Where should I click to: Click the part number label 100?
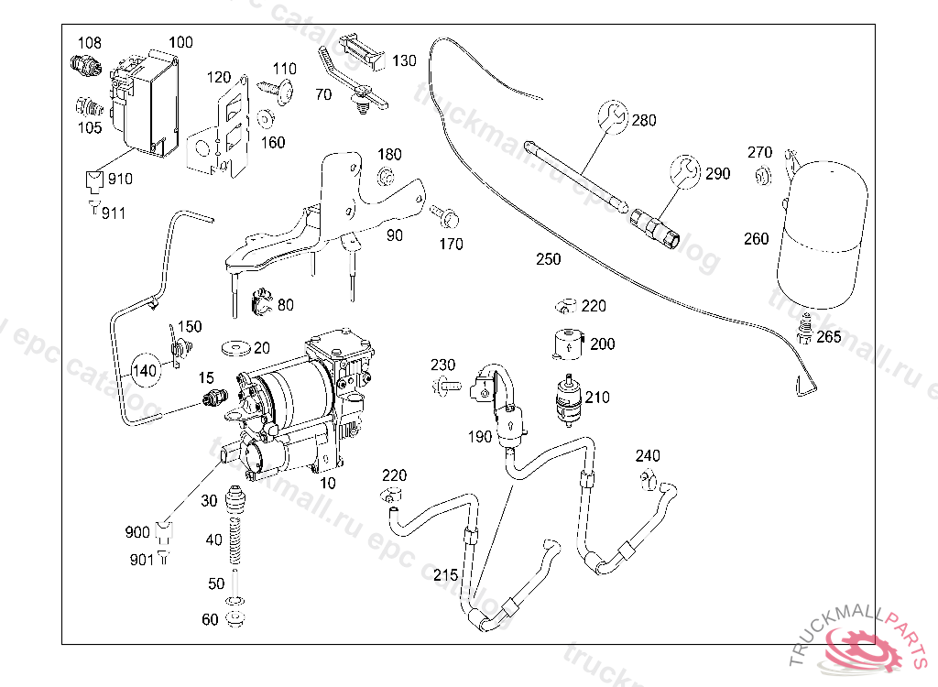[x=181, y=42]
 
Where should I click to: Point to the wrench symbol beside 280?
[x=613, y=115]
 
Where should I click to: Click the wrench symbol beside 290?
[x=683, y=170]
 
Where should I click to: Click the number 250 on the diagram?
[x=548, y=260]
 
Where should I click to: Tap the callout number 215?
[x=445, y=575]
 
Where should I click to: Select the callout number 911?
[x=115, y=213]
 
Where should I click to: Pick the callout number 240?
[x=648, y=456]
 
